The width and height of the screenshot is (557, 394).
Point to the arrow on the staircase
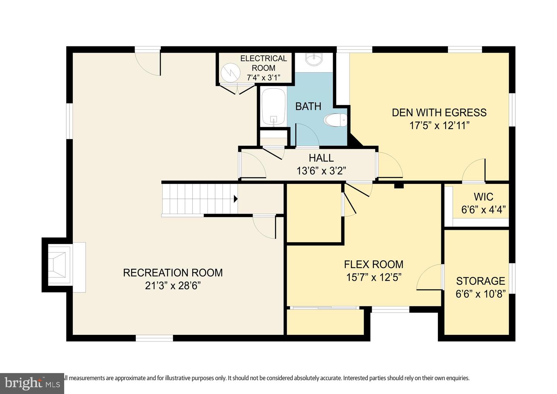pos(236,199)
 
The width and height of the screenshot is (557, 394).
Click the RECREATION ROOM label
pos(173,273)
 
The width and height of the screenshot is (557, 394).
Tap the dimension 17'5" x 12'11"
pos(439,126)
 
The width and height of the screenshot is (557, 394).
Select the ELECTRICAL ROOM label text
pos(263,63)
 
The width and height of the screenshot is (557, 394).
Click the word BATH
pos(308,106)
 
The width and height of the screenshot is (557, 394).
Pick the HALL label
pos(321,158)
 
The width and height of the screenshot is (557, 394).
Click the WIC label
pos(483,197)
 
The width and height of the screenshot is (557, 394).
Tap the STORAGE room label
pos(480,281)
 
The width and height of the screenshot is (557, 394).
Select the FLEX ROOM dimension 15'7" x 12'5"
pos(373,277)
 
